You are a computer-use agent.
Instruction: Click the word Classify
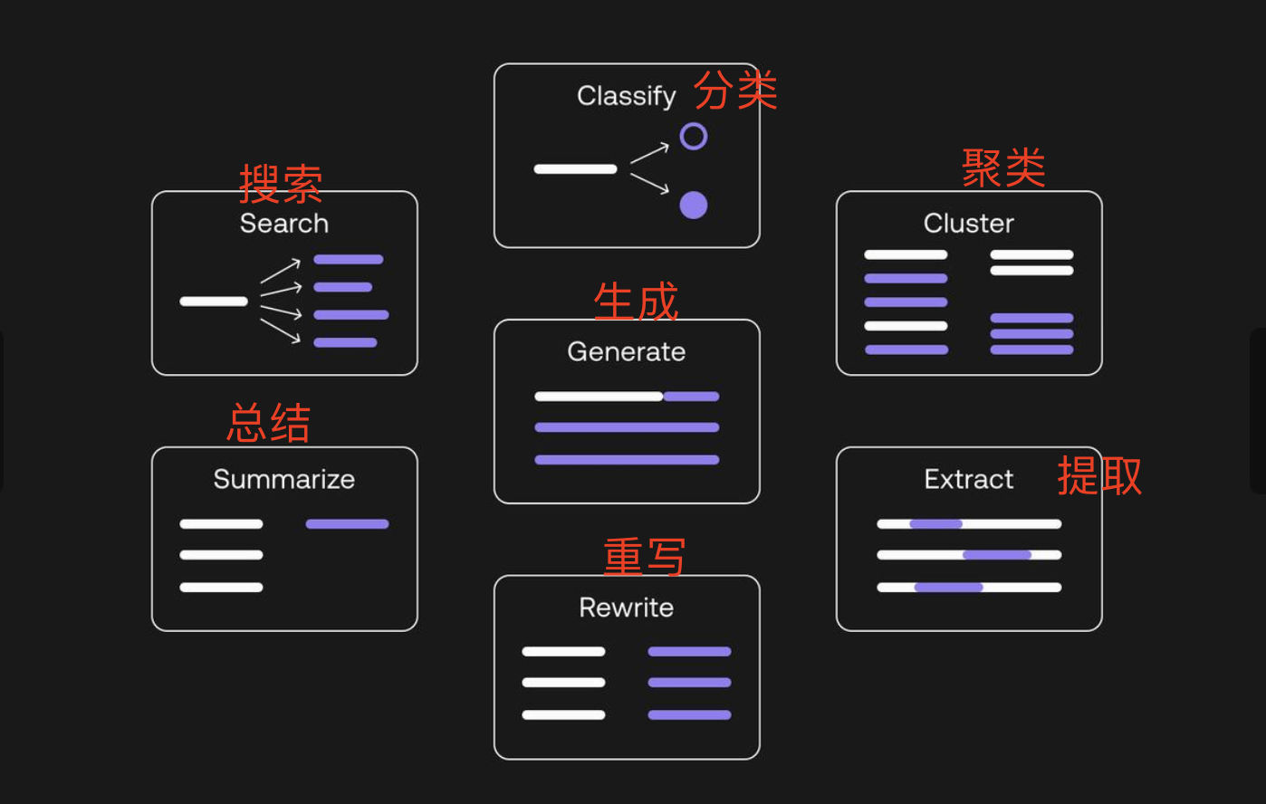(626, 96)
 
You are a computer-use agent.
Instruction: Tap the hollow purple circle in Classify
(694, 137)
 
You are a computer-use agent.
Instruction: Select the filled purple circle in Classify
(694, 206)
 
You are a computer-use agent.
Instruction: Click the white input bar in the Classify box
(575, 169)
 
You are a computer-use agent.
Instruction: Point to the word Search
(283, 224)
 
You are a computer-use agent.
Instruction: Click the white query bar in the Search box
(214, 301)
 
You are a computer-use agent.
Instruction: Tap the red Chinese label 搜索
(281, 185)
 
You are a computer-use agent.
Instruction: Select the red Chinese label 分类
(735, 91)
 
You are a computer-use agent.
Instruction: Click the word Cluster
(968, 224)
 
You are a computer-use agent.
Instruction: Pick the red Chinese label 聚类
(1003, 168)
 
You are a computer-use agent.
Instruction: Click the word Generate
(626, 352)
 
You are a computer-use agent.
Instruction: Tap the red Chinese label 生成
(636, 301)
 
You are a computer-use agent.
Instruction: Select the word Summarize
(283, 480)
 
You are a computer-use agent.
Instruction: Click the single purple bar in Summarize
(347, 524)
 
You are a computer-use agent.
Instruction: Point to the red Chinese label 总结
(269, 423)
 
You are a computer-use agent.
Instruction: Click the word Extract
(968, 480)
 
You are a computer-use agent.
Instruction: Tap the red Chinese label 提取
(1099, 475)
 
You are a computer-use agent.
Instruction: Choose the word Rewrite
(626, 608)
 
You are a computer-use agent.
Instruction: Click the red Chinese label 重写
(645, 557)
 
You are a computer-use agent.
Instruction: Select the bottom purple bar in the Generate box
(627, 460)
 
